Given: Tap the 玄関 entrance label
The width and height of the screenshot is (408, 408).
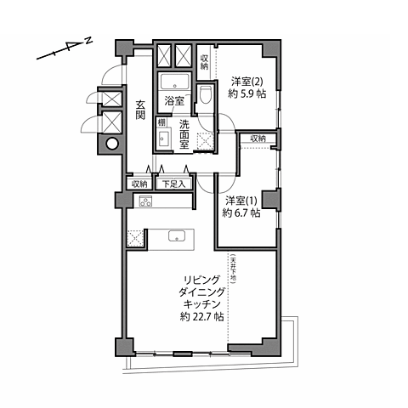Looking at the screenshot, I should (x=140, y=110).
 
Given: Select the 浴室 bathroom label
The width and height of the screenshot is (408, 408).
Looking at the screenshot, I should (x=174, y=100).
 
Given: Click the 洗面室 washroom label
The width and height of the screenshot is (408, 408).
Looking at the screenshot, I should (x=184, y=134).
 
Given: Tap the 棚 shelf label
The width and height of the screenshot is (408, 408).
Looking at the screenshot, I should (x=161, y=122).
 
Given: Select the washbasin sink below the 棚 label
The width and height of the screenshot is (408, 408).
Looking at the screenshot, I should (x=163, y=140).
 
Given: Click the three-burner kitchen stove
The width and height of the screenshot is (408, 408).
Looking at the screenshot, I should (x=144, y=201).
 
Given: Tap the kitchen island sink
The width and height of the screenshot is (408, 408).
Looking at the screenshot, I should (x=177, y=237).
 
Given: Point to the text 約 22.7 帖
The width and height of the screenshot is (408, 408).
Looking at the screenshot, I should (x=201, y=316).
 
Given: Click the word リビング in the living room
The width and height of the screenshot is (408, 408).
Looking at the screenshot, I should (x=201, y=278).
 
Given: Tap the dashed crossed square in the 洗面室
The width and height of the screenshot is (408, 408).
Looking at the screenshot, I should (x=204, y=140).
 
